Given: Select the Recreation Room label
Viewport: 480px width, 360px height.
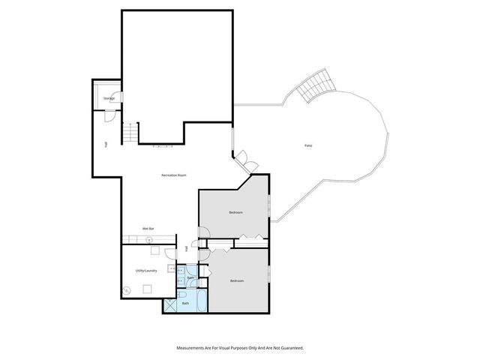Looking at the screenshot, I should click(x=173, y=175).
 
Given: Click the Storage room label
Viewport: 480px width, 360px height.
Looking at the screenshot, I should click(x=109, y=98).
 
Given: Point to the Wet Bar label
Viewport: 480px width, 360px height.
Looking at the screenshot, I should click(x=148, y=228).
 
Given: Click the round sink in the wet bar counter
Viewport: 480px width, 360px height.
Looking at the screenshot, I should click(x=150, y=239).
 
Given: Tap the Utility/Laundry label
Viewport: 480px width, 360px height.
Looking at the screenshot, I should click(x=145, y=270).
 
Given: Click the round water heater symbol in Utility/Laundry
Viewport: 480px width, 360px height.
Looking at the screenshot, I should click(x=127, y=289).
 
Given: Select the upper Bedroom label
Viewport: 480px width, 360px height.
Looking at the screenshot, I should click(x=236, y=213).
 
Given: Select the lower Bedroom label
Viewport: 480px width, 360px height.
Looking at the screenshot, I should click(x=237, y=280).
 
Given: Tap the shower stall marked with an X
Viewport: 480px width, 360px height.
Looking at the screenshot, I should click(x=172, y=304).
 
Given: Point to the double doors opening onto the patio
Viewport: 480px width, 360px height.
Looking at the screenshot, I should click(x=245, y=160).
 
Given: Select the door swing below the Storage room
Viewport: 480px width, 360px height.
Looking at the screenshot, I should click(x=109, y=116).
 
